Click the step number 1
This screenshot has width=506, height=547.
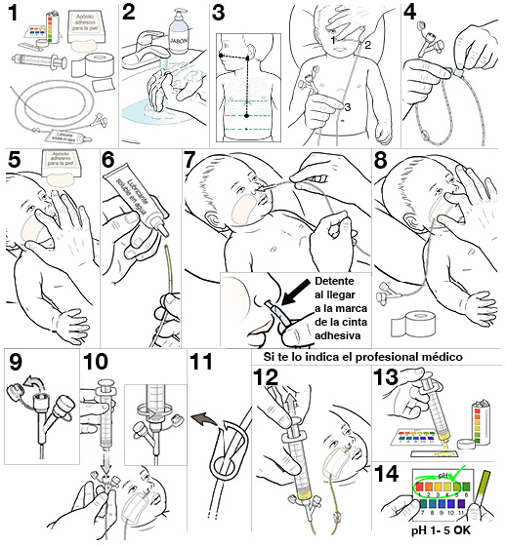point(14,17)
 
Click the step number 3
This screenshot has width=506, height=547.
point(220,14)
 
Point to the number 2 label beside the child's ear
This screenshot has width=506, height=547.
point(368,45)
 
